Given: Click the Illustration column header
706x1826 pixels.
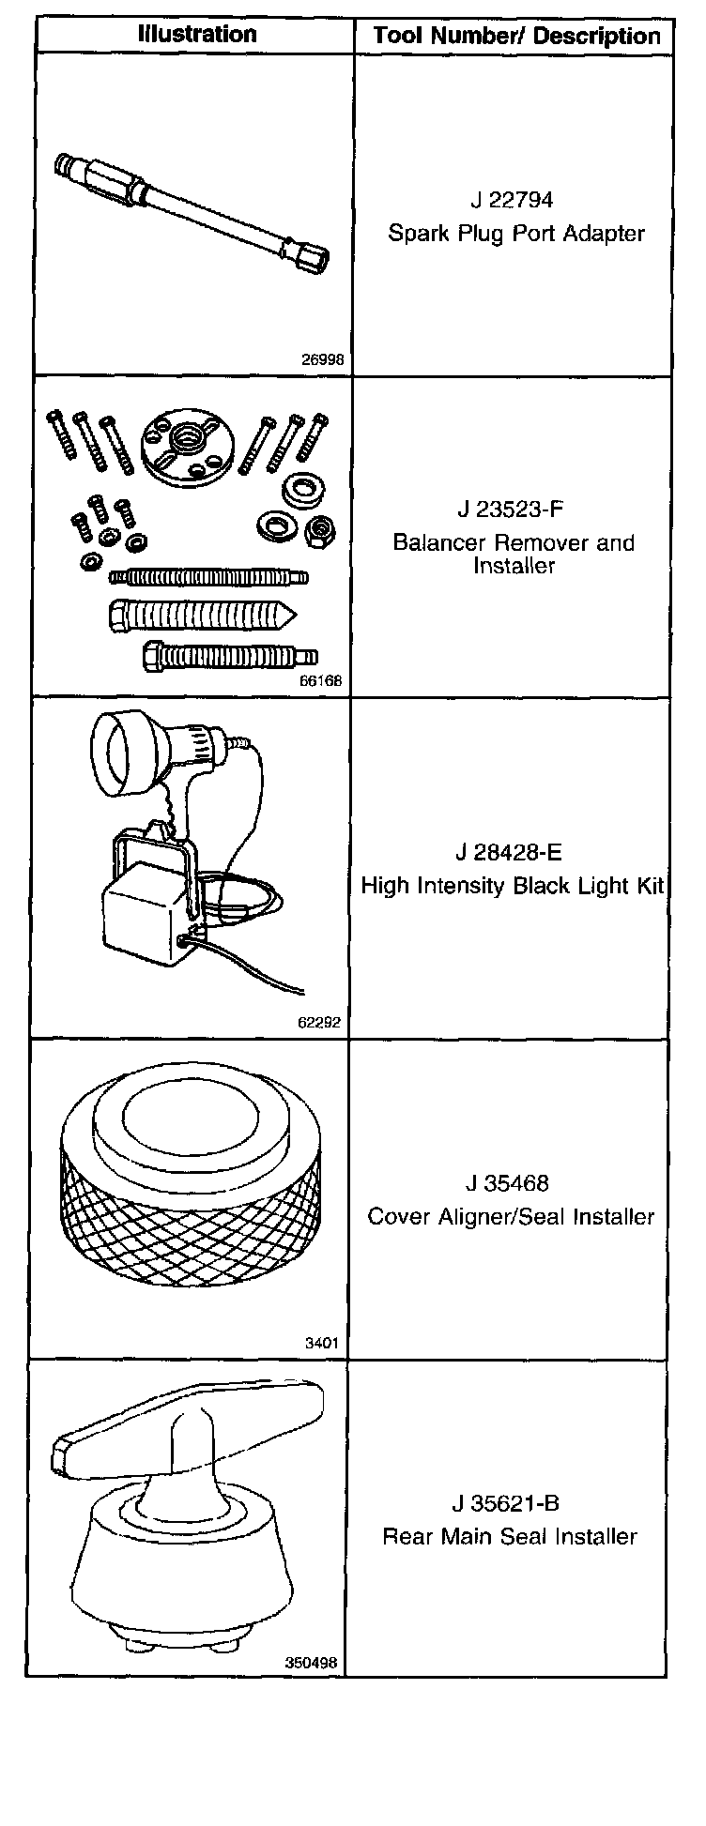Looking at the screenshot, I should click(196, 35).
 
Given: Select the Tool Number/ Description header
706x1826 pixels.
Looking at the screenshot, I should click(516, 37).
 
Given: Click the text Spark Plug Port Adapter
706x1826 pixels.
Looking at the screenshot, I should click(516, 234).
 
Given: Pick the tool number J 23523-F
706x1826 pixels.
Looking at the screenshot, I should click(513, 510).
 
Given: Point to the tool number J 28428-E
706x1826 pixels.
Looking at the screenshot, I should click(510, 853).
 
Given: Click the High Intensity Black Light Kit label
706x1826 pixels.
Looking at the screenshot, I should click(513, 886).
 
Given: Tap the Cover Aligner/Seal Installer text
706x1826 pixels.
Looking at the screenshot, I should click(511, 1217).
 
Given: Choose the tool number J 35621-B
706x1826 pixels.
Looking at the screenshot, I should click(506, 1503).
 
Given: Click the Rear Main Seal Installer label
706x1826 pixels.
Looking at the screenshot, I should click(510, 1537).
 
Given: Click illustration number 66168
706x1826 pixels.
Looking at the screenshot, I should click(320, 681).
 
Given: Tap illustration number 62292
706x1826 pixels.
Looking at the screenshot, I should click(319, 1022).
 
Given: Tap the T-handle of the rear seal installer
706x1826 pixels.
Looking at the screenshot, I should click(188, 1416).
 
